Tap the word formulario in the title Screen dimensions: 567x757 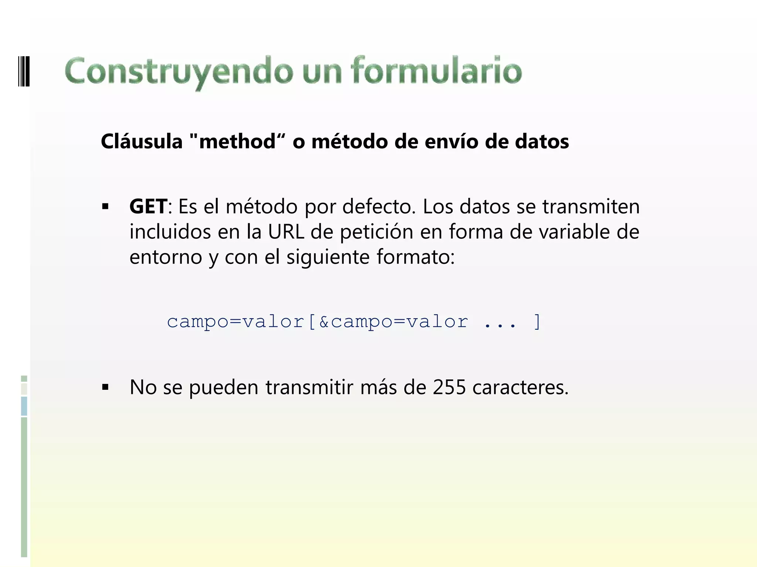(436, 70)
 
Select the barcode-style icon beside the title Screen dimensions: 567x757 (24, 71)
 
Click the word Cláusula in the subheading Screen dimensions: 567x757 (142, 141)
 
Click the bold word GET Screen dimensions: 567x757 (148, 206)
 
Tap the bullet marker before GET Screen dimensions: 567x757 (106, 206)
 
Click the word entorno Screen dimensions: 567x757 (166, 257)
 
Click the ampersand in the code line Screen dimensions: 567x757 (324, 322)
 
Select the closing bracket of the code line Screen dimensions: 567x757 (537, 322)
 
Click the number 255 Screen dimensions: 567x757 (449, 387)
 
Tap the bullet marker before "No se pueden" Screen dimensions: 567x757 (106, 387)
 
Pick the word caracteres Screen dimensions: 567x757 (520, 387)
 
